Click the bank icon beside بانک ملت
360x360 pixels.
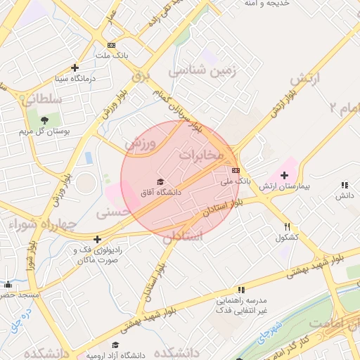tap(110, 45)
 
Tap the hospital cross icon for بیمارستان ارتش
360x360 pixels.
tap(285, 176)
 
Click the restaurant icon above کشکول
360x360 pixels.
tap(287, 227)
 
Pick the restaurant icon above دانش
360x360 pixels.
tap(344, 185)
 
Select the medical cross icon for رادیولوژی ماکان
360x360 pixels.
tap(96, 240)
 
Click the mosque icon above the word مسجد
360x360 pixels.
tap(8, 285)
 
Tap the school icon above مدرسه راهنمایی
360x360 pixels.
tap(241, 289)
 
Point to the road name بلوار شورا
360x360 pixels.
tap(31, 258)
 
